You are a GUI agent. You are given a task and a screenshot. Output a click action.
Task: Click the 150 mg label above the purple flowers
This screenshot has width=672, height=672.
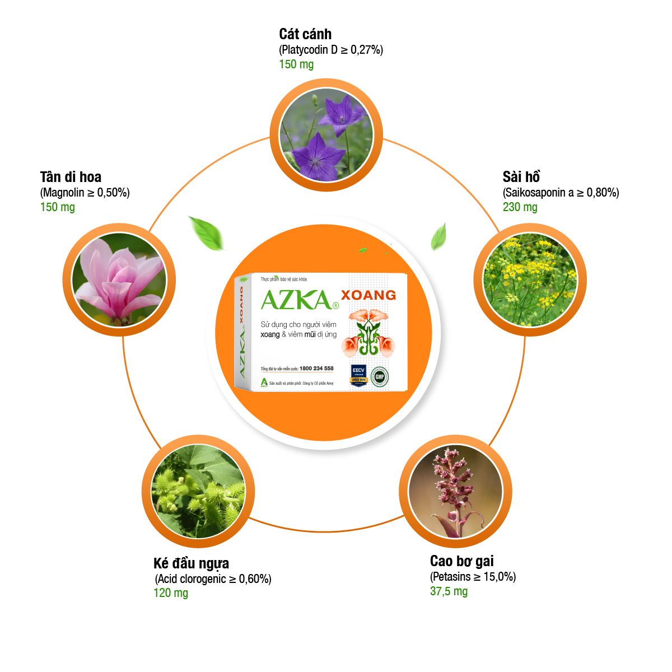296,64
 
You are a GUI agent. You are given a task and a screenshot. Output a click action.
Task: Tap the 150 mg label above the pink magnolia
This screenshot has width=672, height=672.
57,207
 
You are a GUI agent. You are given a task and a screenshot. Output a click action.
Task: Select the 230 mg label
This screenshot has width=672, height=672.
520,207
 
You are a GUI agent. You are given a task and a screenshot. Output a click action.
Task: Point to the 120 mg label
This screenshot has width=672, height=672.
171,592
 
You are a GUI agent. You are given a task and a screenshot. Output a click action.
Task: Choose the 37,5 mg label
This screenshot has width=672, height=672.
449,591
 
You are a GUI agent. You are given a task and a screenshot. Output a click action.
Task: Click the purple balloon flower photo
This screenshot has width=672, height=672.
325,134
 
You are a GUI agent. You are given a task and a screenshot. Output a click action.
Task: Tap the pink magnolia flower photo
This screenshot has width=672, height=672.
119,280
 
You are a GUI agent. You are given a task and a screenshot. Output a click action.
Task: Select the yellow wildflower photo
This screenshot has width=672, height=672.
530,280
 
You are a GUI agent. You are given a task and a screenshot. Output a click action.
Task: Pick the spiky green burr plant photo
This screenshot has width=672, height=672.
198,491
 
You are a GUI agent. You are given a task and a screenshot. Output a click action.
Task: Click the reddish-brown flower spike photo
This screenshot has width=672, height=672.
455,491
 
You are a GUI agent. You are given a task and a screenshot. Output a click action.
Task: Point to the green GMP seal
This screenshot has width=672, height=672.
380,376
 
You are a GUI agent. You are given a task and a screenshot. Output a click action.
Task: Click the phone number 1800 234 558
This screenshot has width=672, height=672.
316,368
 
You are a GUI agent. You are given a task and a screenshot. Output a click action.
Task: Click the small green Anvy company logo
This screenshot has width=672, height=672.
264,383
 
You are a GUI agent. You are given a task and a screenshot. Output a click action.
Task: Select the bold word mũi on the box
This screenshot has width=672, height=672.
312,334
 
